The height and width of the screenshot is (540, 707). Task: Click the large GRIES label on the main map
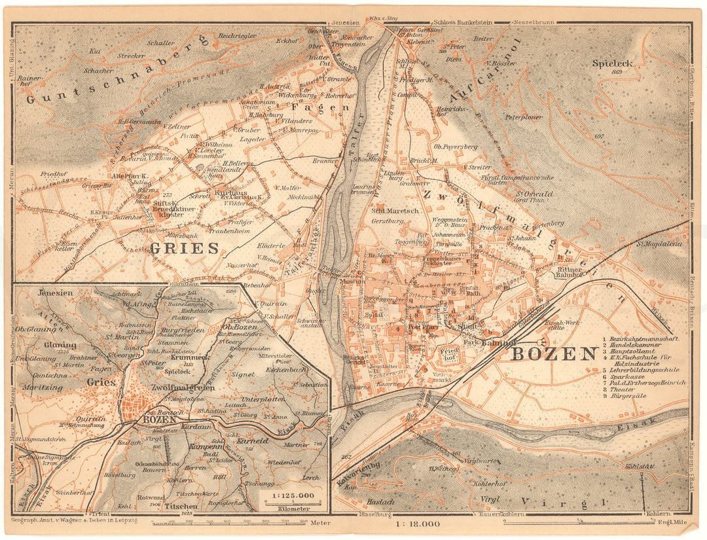pos(184,248)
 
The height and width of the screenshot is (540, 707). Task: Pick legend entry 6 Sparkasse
pos(623,378)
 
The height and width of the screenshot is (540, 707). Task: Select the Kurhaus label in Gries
pos(228,194)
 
